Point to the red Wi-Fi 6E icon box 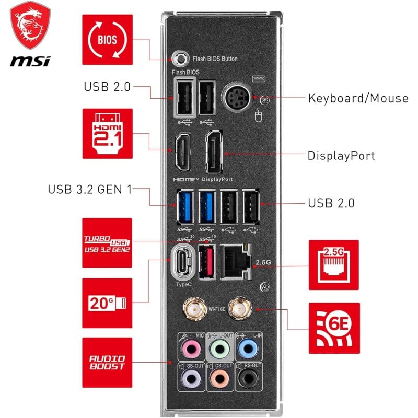tap(334, 328)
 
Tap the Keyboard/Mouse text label tap(357, 98)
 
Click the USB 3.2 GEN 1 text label tap(89, 189)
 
